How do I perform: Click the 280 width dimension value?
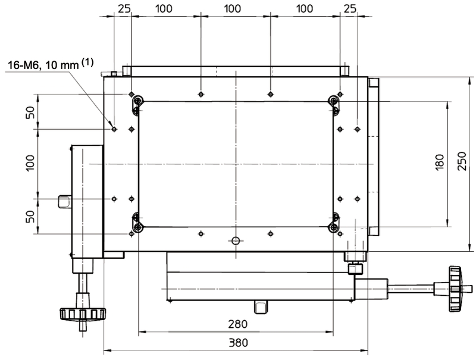coord(237,324)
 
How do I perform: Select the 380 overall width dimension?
coord(238,343)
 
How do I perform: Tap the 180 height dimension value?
coord(439,162)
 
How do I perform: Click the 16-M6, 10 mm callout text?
coord(43,65)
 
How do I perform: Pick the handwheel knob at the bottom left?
coord(83,314)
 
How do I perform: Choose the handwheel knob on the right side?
coord(455,289)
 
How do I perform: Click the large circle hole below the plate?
coord(236,242)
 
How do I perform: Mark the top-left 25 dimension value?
coord(124,8)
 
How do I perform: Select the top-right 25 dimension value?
coord(350,8)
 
